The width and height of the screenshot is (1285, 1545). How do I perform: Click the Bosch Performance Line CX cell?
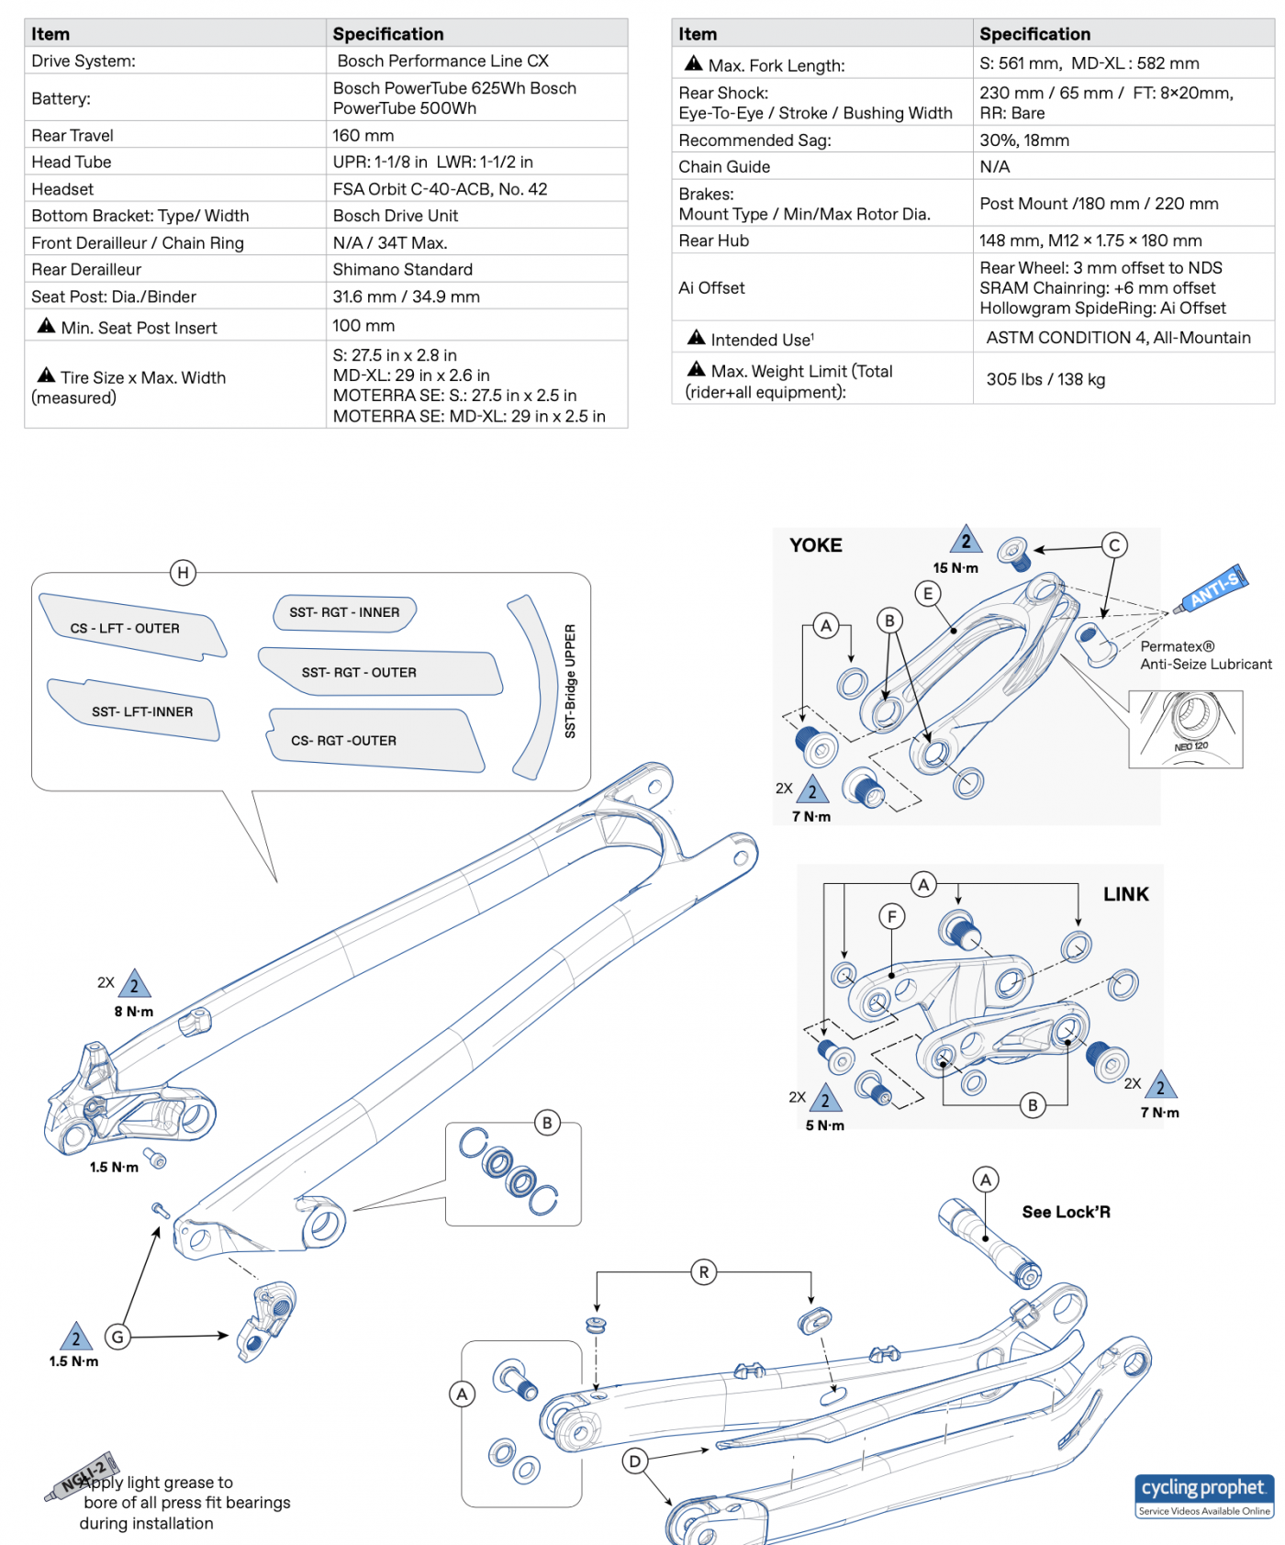442,61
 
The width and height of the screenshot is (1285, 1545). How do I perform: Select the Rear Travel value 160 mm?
363,135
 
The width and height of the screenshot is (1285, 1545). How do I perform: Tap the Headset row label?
62,189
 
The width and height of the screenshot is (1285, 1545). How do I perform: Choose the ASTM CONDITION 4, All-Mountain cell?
1118,338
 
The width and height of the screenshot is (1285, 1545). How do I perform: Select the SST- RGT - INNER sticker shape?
344,612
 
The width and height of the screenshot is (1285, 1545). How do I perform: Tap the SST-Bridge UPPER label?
570,680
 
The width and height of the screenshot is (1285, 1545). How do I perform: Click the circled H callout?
183,573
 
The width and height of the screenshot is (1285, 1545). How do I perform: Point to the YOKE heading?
815,545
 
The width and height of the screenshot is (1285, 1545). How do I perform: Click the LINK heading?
1125,894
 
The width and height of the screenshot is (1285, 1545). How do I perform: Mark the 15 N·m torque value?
955,568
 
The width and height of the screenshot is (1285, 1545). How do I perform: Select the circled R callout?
703,1272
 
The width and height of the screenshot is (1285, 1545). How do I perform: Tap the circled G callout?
117,1337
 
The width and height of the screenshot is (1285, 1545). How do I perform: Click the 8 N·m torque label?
134,1012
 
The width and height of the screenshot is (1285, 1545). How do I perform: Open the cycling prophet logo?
1203,1495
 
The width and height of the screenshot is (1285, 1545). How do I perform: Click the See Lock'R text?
1066,1212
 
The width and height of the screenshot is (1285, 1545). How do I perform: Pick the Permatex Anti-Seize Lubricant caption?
1205,655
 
